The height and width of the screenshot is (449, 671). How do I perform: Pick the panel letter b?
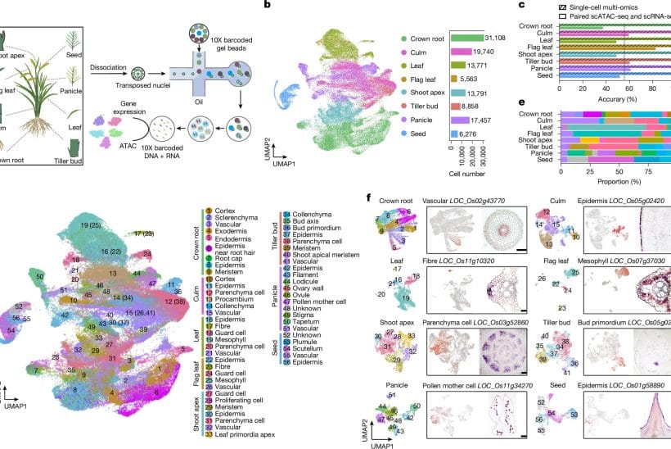(266, 6)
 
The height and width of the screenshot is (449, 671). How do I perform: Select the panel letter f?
(371, 197)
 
